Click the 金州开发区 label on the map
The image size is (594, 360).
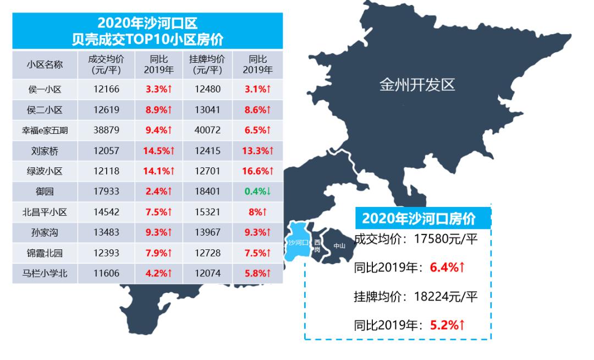click(417, 85)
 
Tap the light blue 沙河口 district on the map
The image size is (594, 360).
click(298, 241)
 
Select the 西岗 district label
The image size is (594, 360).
click(317, 246)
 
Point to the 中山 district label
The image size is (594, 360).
click(339, 246)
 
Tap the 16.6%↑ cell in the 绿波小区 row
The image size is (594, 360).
click(258, 171)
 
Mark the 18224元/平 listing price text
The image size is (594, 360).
click(446, 297)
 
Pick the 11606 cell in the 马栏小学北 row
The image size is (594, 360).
click(106, 273)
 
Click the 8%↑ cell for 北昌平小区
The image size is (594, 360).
click(258, 211)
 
